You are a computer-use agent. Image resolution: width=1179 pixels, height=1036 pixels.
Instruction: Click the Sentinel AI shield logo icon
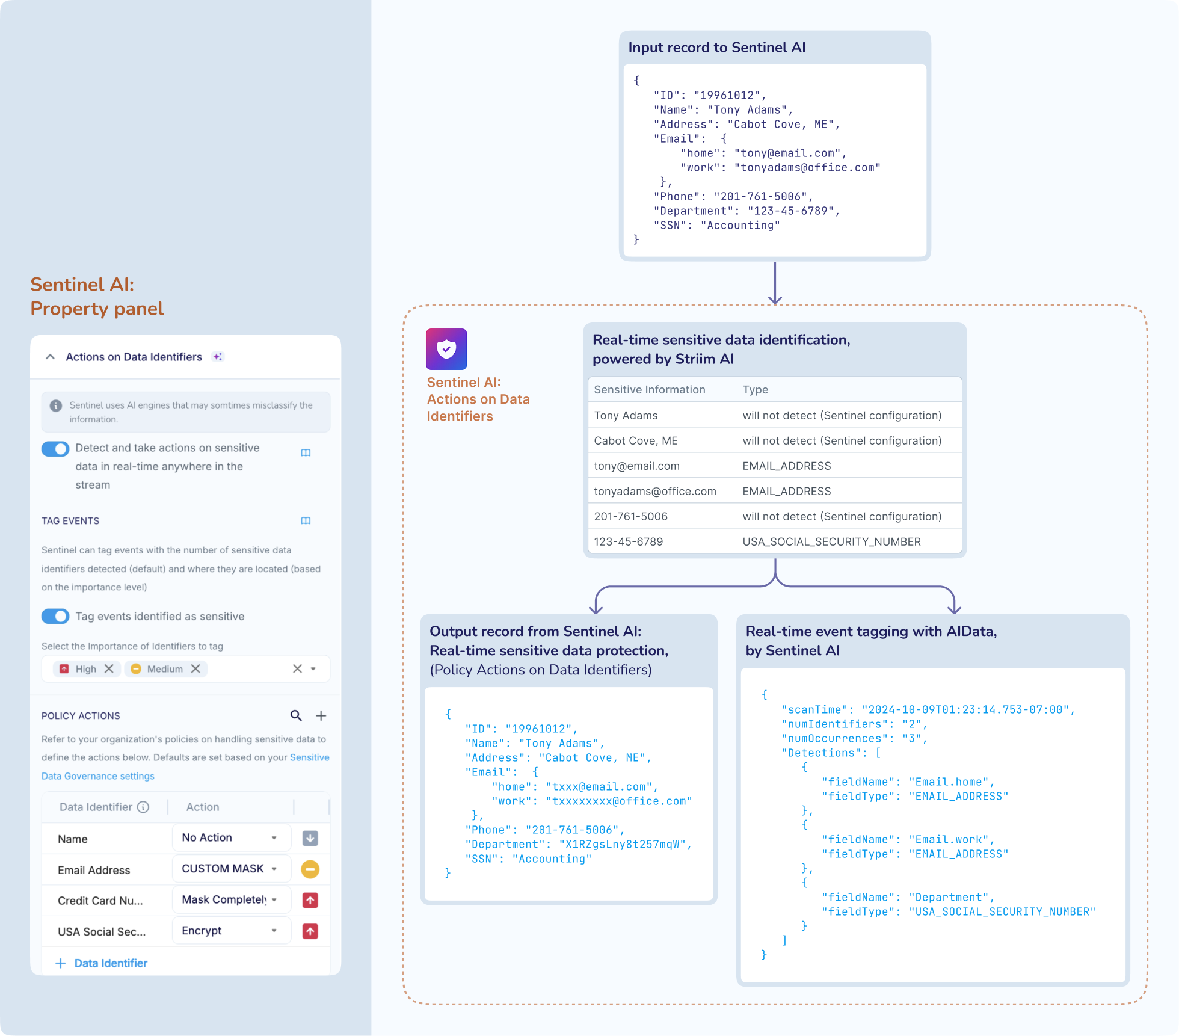(446, 349)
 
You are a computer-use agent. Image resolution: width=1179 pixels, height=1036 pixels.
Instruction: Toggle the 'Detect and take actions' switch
(55, 449)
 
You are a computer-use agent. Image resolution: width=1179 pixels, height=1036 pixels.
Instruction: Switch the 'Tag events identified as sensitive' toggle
(55, 616)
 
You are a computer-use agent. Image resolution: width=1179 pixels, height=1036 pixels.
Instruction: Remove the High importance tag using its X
(109, 669)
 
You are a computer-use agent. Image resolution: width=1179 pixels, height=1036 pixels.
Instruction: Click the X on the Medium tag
(195, 669)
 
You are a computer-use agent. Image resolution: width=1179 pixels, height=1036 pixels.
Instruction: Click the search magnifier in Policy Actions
(296, 715)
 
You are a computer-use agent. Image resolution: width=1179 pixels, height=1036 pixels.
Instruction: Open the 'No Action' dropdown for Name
(231, 837)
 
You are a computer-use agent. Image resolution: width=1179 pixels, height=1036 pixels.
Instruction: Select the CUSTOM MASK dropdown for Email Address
(231, 869)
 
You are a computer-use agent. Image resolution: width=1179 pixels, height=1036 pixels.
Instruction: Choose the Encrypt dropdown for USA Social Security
(231, 931)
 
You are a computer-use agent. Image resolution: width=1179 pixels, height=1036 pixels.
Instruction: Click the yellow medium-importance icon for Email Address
(310, 869)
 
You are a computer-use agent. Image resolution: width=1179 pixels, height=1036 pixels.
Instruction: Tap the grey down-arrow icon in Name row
(310, 837)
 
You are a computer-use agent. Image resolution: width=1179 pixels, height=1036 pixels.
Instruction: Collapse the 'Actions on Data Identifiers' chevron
(51, 357)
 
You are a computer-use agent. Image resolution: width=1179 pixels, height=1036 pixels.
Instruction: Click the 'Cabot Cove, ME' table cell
(636, 441)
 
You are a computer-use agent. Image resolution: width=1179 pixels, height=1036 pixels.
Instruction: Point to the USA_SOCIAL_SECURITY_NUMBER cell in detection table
(831, 542)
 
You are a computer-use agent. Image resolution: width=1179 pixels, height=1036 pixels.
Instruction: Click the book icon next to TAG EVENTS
(306, 521)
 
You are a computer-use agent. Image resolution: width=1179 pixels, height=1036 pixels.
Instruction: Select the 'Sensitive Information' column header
(650, 390)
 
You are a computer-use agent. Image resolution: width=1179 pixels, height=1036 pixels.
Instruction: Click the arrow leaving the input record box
(775, 283)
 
